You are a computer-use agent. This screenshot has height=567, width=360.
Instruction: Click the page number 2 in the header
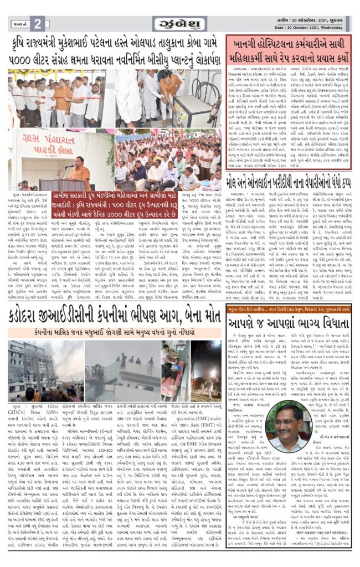(38, 24)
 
